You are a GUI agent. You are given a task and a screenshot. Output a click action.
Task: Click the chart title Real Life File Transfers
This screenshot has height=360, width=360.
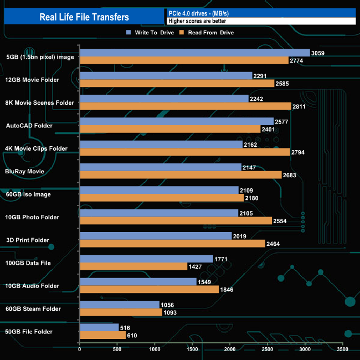pyautogui.click(x=84, y=17)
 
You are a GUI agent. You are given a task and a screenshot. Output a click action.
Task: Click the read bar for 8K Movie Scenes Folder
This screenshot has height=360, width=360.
pyautogui.click(x=186, y=106)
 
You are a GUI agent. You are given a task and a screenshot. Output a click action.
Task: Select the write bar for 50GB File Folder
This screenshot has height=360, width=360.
pyautogui.click(x=99, y=328)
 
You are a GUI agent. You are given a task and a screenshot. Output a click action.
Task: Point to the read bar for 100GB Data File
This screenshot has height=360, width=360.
pyautogui.click(x=133, y=266)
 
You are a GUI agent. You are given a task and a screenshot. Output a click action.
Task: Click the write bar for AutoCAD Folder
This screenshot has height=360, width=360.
pyautogui.click(x=177, y=121)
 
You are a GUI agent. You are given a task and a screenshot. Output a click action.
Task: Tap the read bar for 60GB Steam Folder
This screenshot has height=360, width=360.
pyautogui.click(x=121, y=312)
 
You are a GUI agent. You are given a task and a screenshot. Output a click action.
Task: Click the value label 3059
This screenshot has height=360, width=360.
pyautogui.click(x=318, y=53)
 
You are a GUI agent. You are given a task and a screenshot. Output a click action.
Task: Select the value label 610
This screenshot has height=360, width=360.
pyautogui.click(x=132, y=336)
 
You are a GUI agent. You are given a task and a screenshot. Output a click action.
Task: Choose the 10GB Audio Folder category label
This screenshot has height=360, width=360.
pyautogui.click(x=32, y=286)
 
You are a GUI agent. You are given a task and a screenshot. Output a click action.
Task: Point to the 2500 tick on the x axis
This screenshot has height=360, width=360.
pyautogui.click(x=268, y=349)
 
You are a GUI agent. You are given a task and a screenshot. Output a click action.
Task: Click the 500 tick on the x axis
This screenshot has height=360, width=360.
pyautogui.click(x=117, y=349)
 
